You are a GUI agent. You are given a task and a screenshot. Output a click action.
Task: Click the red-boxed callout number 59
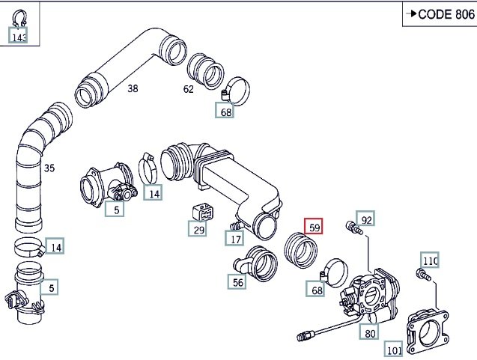tap(314, 227)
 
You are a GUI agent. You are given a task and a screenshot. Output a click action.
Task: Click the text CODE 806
tap(446, 14)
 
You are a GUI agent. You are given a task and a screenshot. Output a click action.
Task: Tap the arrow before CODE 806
tap(411, 13)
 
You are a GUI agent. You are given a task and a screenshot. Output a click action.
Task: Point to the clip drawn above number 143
tap(19, 18)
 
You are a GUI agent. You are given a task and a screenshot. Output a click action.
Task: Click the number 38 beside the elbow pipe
tap(133, 88)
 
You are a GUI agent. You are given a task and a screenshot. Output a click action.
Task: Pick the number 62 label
tap(188, 89)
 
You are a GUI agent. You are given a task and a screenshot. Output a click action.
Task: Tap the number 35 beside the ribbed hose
tap(49, 168)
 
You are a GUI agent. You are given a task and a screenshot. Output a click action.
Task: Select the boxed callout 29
tap(198, 229)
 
